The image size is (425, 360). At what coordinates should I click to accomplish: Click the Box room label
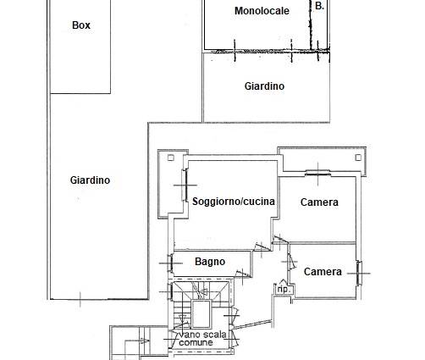(x=81, y=25)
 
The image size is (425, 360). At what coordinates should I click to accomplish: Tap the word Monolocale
(x=262, y=11)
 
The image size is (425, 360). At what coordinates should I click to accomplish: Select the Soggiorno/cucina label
(x=234, y=202)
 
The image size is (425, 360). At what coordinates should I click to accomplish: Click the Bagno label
(x=210, y=262)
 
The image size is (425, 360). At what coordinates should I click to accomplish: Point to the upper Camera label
(x=319, y=202)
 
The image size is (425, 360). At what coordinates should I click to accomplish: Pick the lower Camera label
(x=323, y=272)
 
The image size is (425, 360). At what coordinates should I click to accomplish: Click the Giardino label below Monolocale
(x=264, y=86)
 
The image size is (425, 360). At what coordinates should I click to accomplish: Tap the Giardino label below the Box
(x=90, y=180)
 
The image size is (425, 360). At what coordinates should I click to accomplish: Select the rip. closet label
(x=283, y=290)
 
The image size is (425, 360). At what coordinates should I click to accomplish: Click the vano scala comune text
(x=202, y=339)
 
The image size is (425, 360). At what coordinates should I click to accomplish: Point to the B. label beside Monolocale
(x=319, y=6)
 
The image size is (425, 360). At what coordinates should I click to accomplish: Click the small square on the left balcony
(x=170, y=158)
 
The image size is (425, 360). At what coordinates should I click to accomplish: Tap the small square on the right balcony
(x=358, y=158)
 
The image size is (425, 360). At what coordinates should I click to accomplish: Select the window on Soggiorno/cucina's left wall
(x=185, y=186)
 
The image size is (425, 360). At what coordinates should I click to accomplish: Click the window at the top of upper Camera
(x=317, y=174)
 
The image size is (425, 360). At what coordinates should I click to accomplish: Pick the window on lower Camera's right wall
(x=359, y=273)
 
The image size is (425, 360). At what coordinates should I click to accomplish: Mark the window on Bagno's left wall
(x=170, y=263)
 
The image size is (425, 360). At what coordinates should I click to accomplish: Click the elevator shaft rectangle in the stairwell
(x=201, y=313)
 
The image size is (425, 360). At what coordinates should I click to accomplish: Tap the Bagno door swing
(x=243, y=274)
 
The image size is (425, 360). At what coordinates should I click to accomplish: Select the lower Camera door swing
(x=292, y=261)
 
